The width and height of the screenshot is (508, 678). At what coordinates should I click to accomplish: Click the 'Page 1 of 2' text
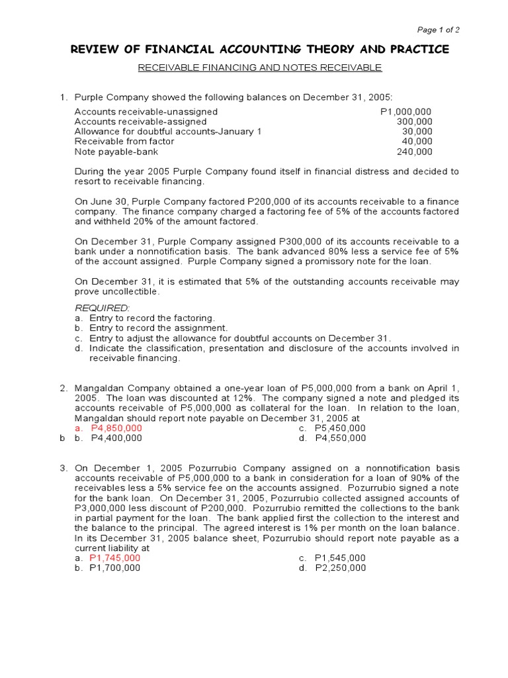[x=438, y=30]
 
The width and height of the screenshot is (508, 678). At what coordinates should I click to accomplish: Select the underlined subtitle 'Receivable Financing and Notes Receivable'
[x=259, y=68]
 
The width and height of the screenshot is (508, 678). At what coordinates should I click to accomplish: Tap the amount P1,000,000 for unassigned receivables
[x=406, y=111]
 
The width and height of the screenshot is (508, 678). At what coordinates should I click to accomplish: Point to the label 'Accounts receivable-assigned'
[x=140, y=121]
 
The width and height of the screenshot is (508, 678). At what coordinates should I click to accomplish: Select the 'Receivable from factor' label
[x=124, y=141]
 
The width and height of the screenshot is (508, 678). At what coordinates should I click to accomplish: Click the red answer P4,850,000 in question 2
[x=116, y=428]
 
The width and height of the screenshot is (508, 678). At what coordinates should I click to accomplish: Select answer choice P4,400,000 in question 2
[x=116, y=438]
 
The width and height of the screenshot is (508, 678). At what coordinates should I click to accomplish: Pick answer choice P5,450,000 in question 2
[x=340, y=428]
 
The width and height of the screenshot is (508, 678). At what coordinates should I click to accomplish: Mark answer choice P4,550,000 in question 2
[x=340, y=438]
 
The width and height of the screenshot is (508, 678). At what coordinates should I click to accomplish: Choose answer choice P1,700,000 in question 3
[x=115, y=567]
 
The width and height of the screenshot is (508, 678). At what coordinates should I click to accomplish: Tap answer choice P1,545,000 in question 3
[x=340, y=557]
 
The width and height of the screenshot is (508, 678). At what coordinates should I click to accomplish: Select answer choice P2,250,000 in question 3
[x=340, y=567]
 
